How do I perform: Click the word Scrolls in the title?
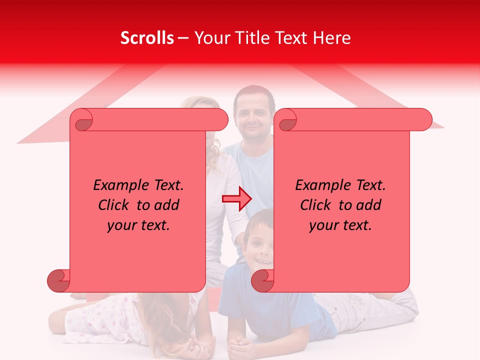[x=147, y=38]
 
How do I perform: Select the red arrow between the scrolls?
[x=237, y=199]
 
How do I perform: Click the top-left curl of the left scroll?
[x=83, y=120]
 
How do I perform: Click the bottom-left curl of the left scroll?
[x=59, y=280]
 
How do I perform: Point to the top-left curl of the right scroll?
[x=287, y=120]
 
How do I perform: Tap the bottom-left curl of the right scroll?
[x=263, y=280]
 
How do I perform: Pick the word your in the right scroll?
[x=323, y=225]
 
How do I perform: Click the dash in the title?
[x=183, y=38]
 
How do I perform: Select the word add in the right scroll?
[x=369, y=205]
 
